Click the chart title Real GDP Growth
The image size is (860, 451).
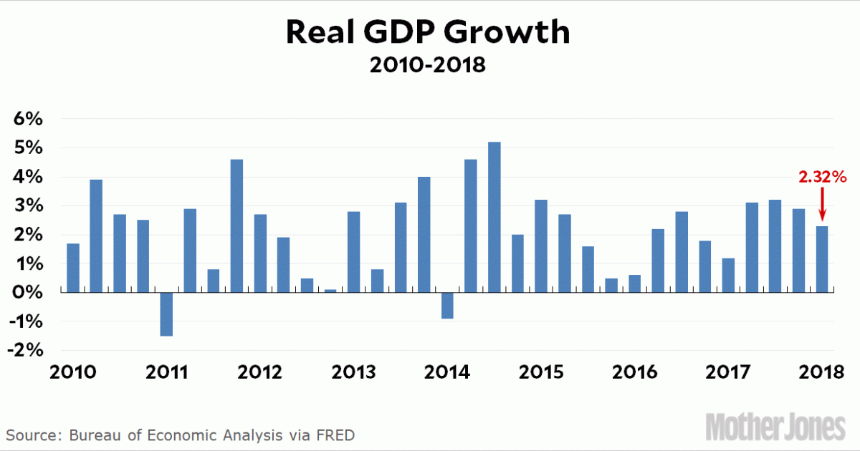pos(429,33)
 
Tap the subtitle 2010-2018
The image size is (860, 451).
pos(428,66)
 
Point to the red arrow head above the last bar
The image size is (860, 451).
pos(822,217)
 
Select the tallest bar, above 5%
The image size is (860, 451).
pos(494,217)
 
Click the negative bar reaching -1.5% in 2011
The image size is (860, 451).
pos(166,314)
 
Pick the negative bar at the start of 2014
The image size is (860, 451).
pos(447,306)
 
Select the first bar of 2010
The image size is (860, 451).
pos(73,268)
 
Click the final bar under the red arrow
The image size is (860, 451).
pos(822,259)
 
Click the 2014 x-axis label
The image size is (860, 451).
pos(447,373)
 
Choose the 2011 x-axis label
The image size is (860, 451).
pos(166,373)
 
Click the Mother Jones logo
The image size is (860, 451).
pos(775,426)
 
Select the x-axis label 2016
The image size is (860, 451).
pos(634,373)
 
